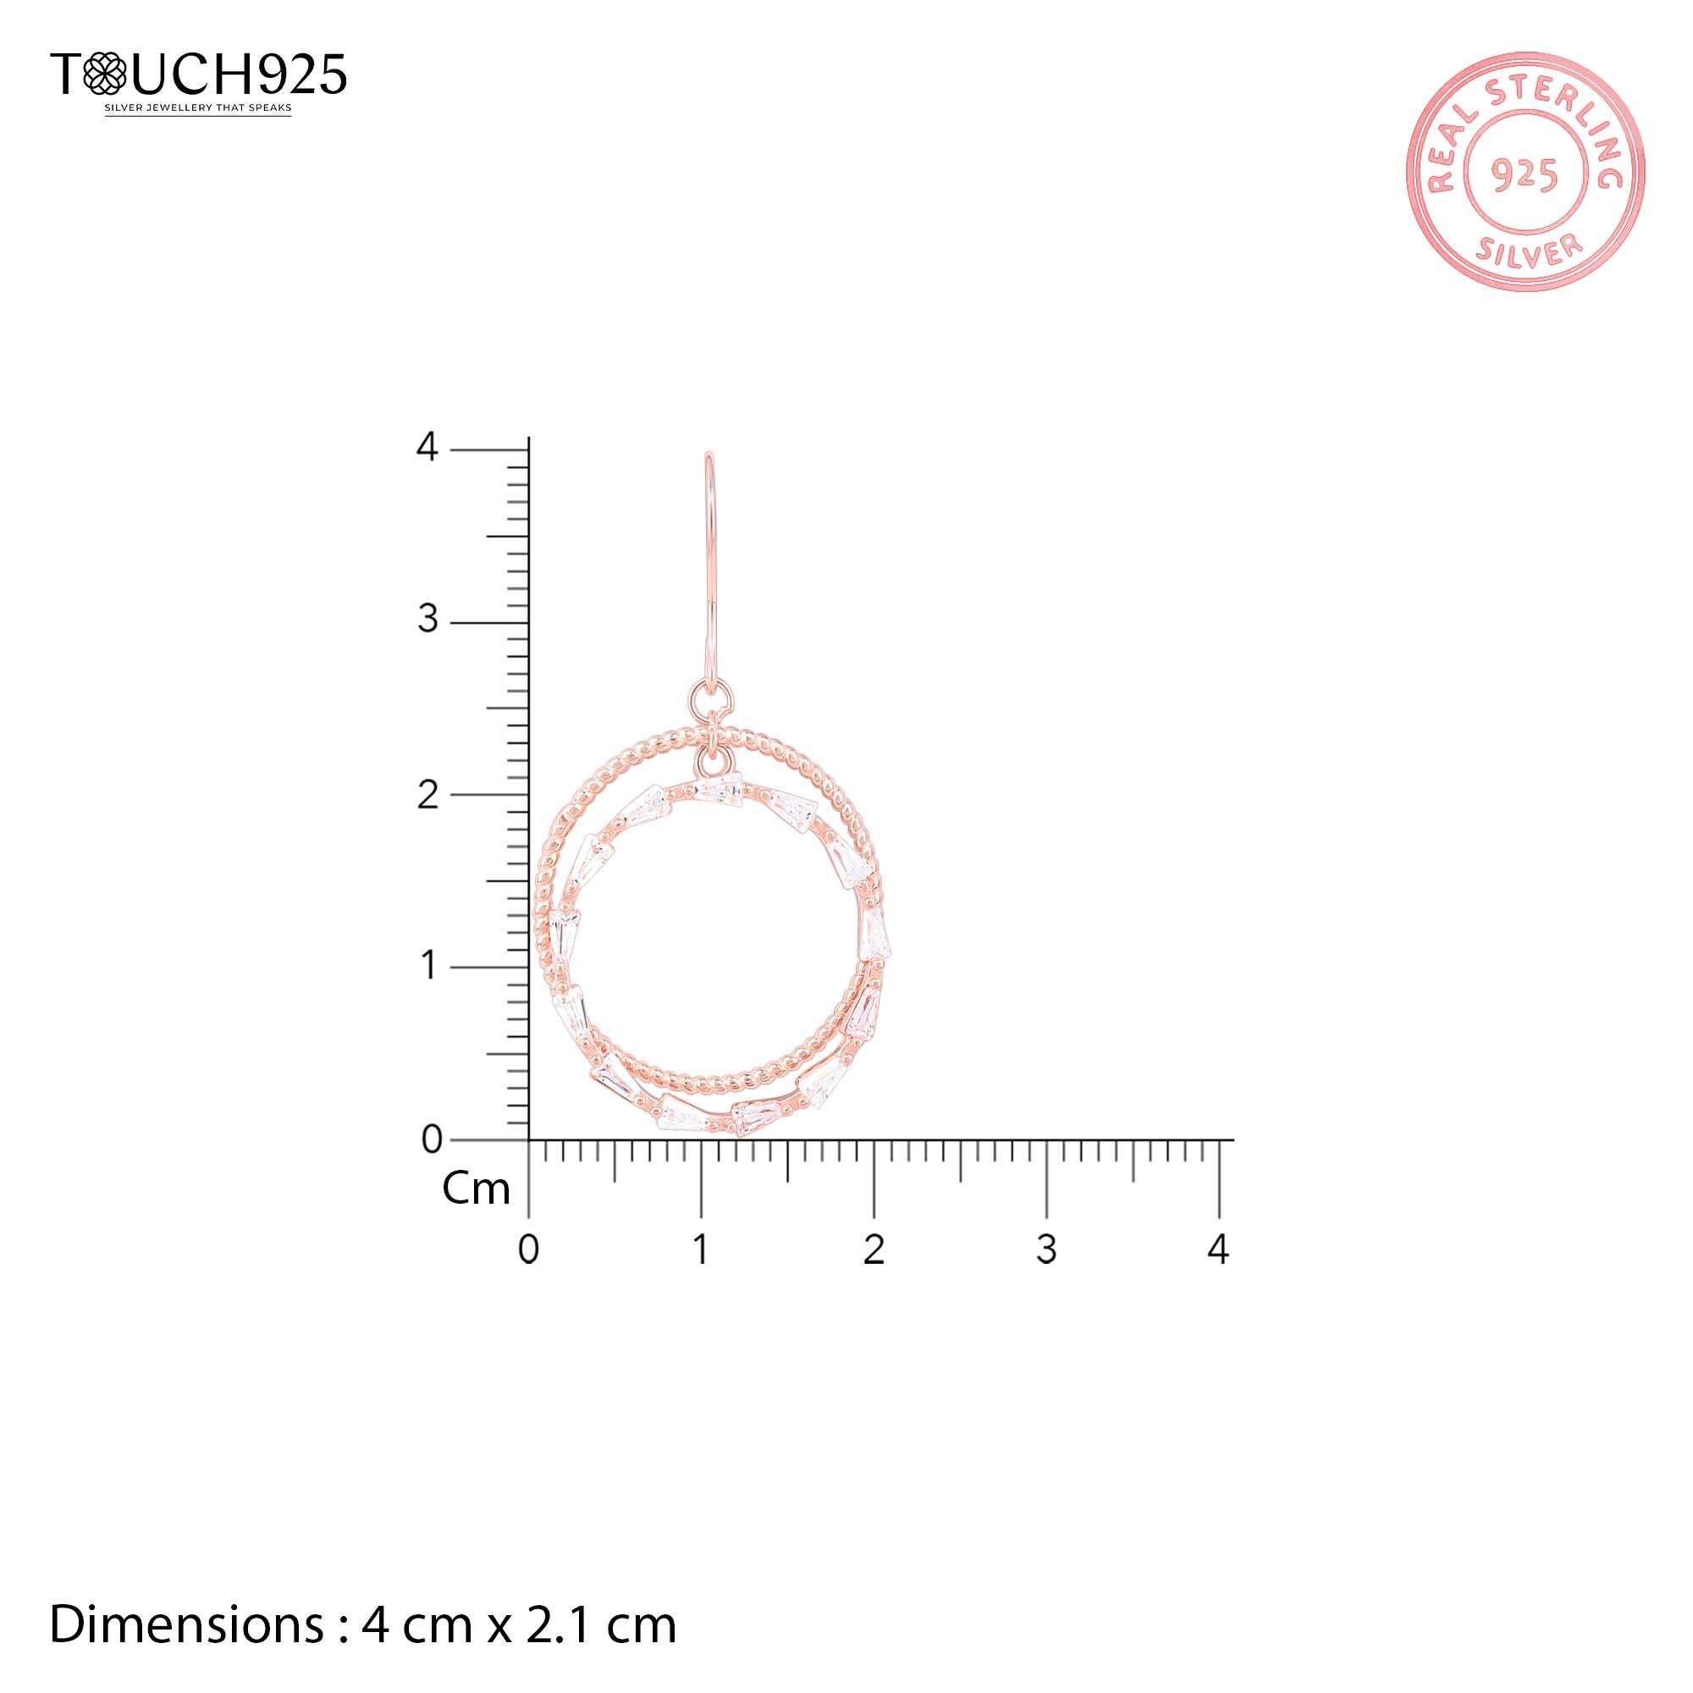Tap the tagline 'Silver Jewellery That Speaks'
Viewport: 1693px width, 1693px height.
198,108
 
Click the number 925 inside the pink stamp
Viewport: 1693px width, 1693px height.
1525,175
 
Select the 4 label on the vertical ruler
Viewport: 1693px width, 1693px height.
427,447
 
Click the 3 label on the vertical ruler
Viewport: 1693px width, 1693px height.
427,620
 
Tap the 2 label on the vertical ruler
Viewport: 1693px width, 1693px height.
427,795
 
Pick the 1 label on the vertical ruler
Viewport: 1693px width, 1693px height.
429,967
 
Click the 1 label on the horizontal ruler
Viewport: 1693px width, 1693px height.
701,1249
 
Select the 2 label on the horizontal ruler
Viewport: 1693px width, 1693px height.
874,1249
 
